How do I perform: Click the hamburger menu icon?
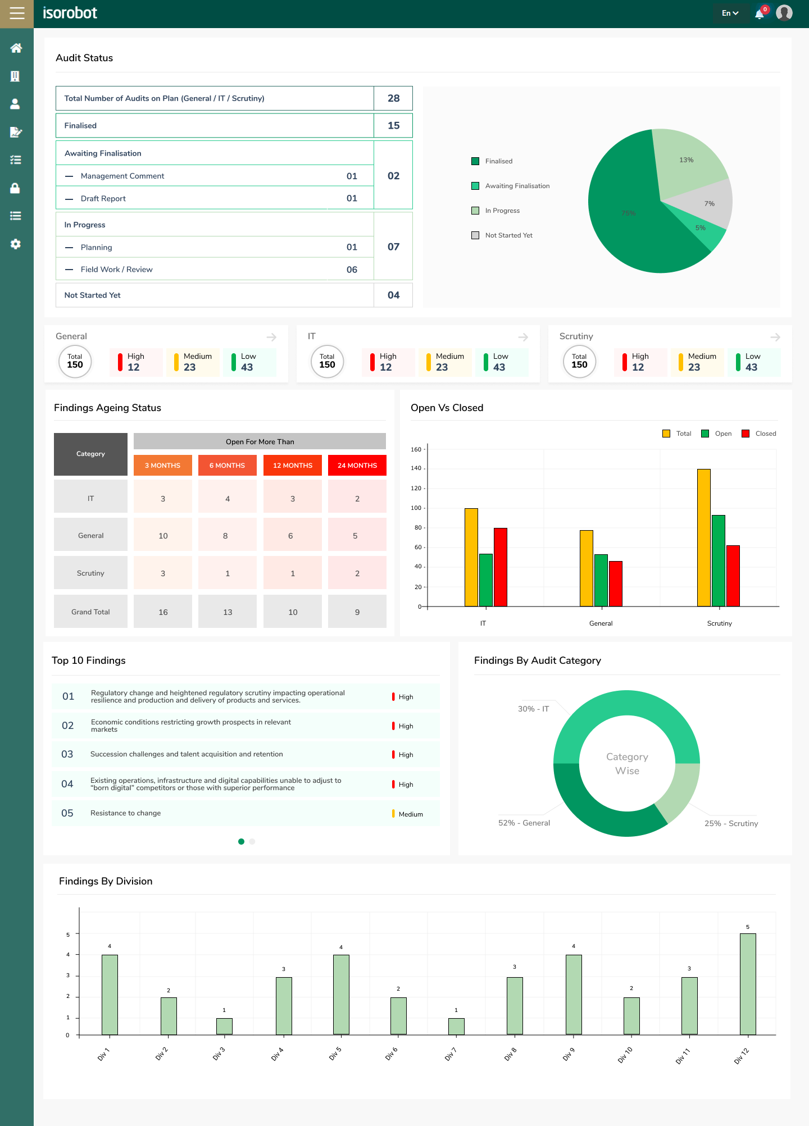17,13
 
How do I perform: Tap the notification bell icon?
760,14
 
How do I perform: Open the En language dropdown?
730,13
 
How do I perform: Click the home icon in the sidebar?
16,48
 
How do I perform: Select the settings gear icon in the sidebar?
16,244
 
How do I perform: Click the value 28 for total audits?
393,98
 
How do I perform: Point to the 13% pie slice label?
686,160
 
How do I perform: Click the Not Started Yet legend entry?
508,235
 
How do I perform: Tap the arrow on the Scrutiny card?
775,337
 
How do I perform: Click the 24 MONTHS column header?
357,466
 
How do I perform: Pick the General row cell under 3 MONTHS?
163,536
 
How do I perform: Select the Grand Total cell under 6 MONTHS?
228,612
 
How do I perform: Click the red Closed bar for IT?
500,567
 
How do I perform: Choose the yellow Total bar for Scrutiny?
703,537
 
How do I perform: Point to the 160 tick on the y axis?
416,449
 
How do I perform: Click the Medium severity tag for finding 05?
410,814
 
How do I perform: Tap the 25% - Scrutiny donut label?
731,823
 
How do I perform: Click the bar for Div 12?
748,984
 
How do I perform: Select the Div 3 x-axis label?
219,1054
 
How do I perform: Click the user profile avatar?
784,13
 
